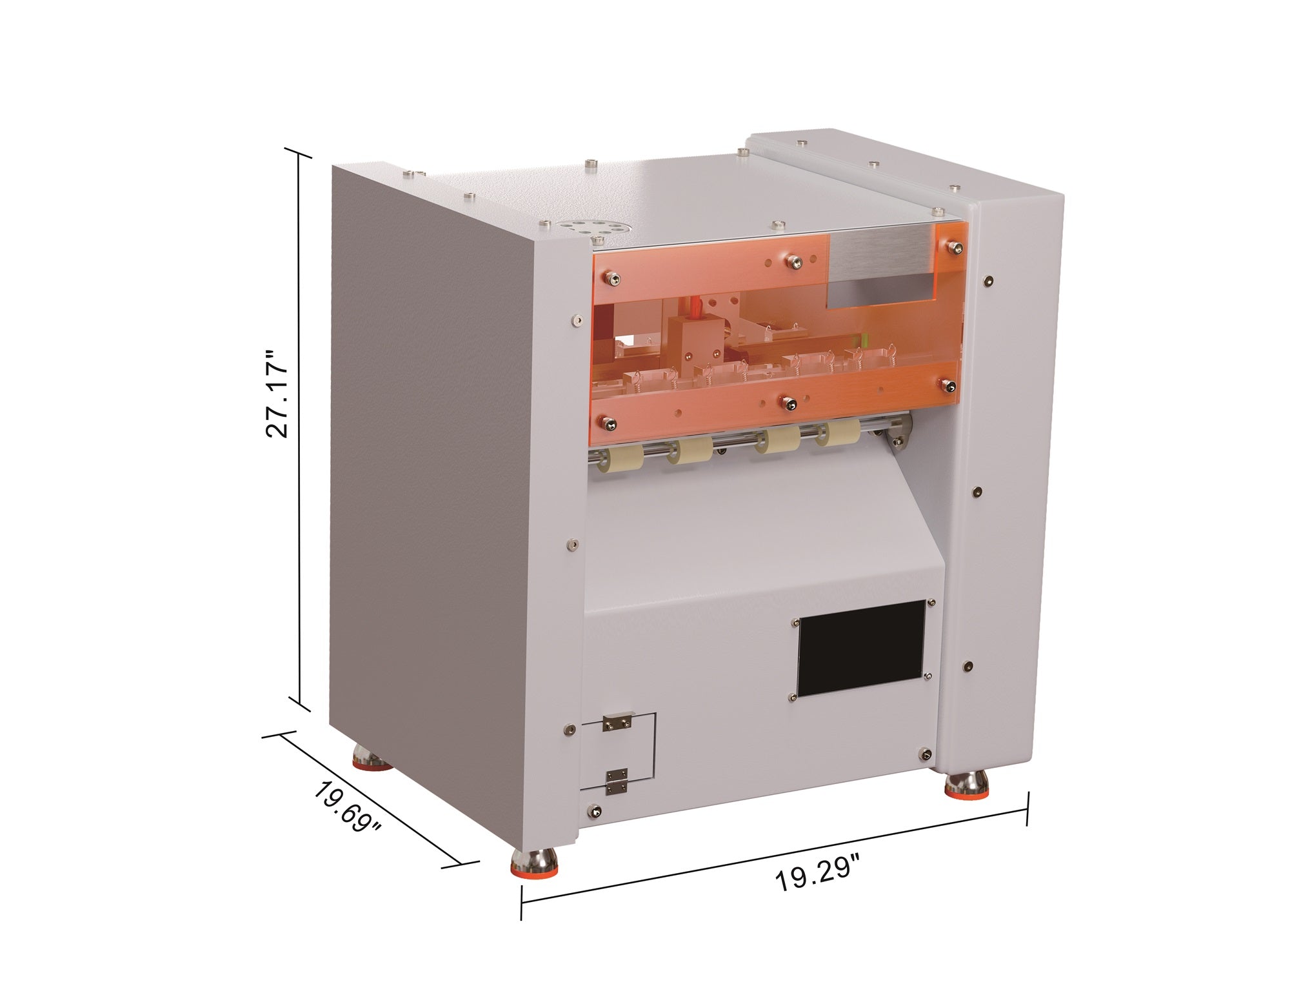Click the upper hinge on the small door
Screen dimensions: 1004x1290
[617, 723]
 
